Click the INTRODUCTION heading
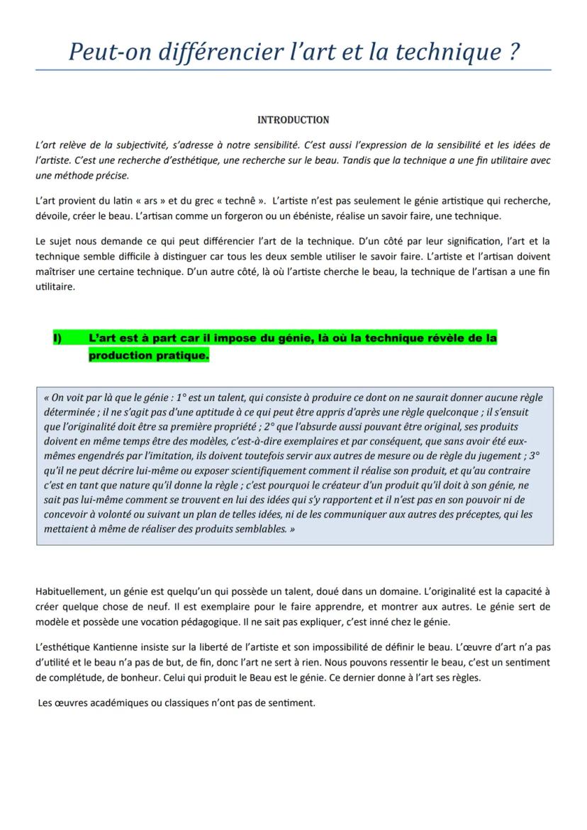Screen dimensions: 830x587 tap(293, 120)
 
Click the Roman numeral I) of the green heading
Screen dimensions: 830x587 tap(57, 338)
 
